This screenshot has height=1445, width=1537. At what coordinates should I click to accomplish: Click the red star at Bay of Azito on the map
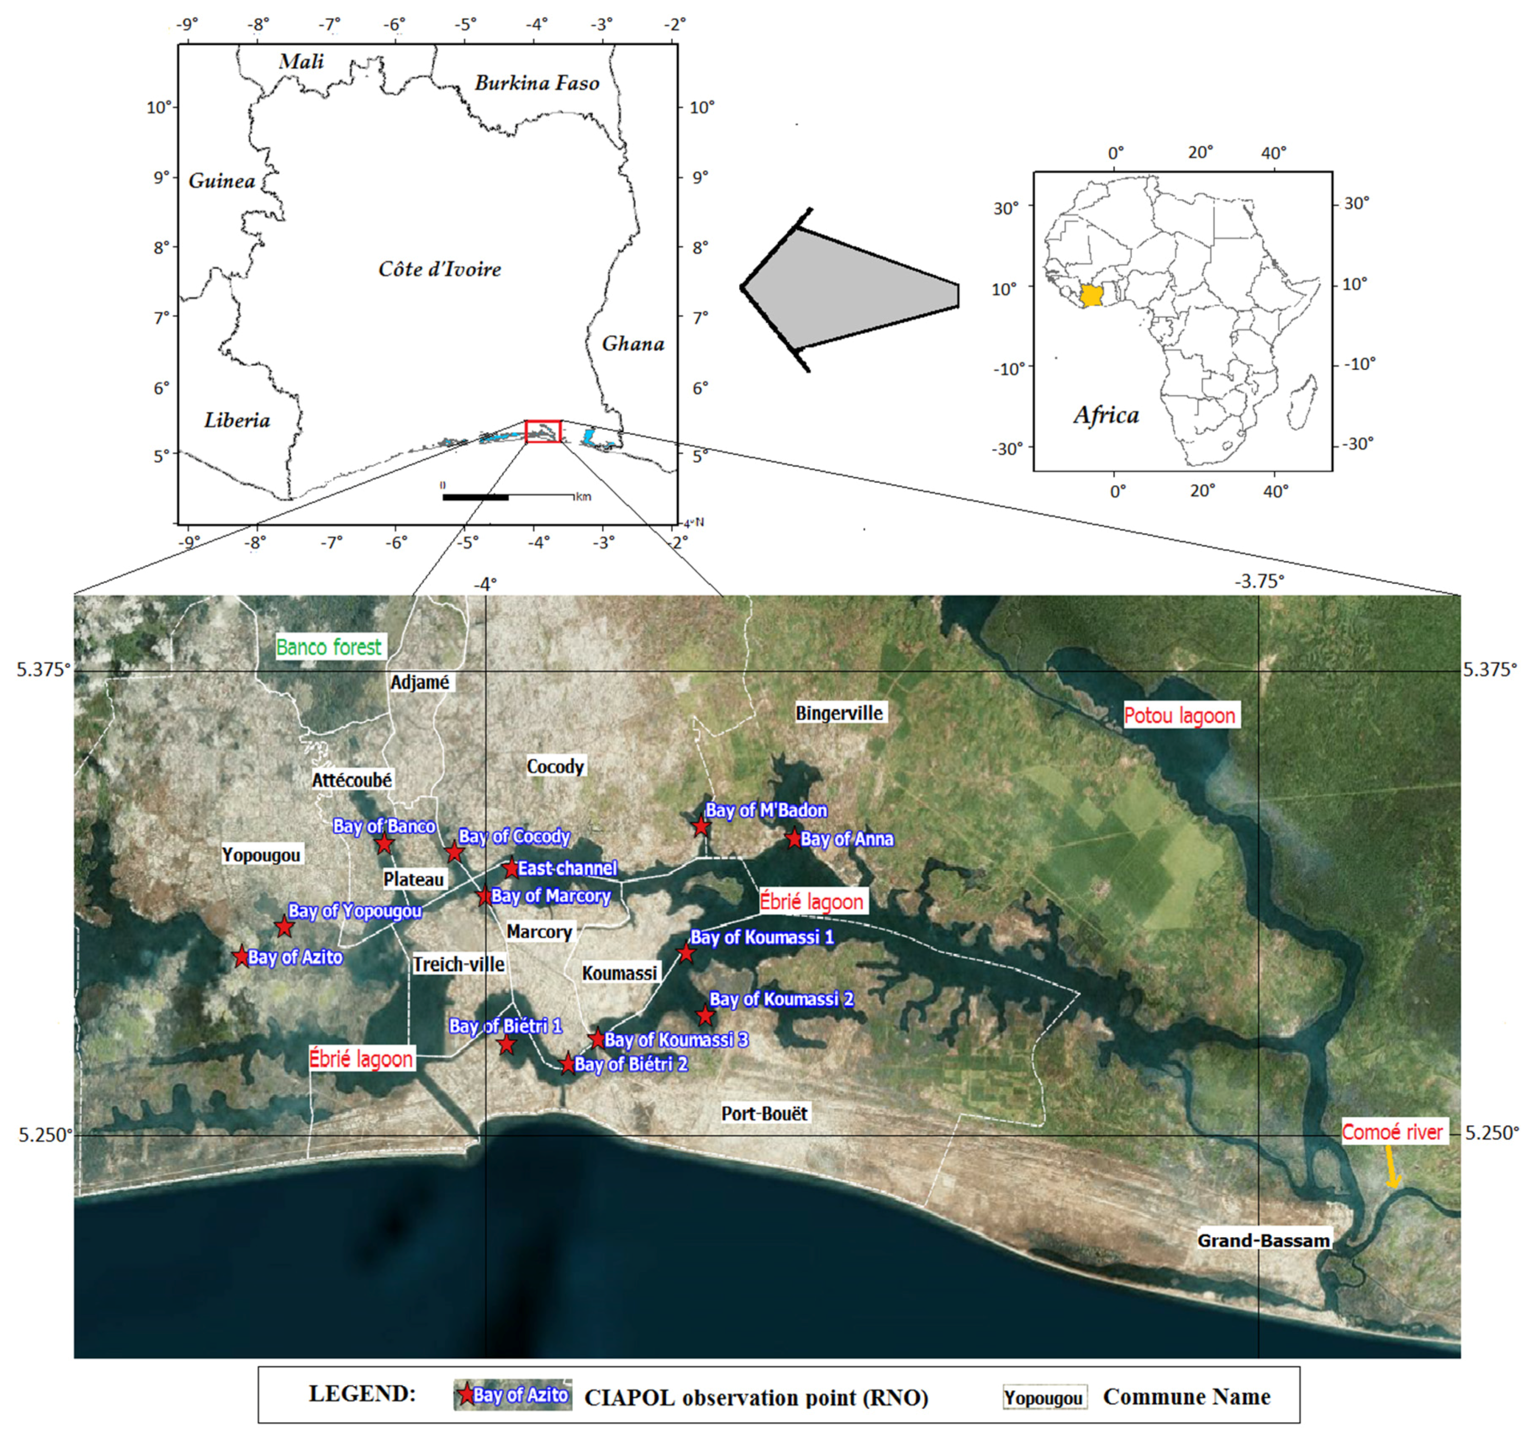pos(241,956)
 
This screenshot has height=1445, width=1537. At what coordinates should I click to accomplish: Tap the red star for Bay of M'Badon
pos(700,826)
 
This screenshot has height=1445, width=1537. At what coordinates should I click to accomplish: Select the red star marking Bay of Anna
pos(794,838)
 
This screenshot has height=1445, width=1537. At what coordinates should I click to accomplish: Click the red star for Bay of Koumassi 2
pos(704,1015)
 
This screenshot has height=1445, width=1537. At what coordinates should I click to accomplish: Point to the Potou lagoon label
pos(1179,716)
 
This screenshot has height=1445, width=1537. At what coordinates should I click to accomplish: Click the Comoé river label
pos(1392,1132)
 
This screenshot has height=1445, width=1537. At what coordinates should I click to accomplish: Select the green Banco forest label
pos(328,647)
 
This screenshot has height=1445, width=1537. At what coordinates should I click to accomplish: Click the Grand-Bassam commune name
pos(1264,1241)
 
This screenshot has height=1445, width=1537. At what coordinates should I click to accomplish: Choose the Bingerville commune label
pos(839,713)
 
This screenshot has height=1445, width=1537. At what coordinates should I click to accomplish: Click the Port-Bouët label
pos(764,1113)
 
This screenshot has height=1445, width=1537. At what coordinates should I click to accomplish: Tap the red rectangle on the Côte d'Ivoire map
pos(542,431)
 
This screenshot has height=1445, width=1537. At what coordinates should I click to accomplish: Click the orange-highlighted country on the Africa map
pos(1091,295)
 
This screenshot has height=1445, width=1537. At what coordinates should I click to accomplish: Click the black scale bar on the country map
pos(475,497)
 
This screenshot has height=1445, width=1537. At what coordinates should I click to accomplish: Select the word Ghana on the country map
pos(633,343)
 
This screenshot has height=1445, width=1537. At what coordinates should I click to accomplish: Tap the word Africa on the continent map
pos(1106,415)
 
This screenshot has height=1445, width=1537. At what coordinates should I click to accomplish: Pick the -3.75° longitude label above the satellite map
pos(1259,581)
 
